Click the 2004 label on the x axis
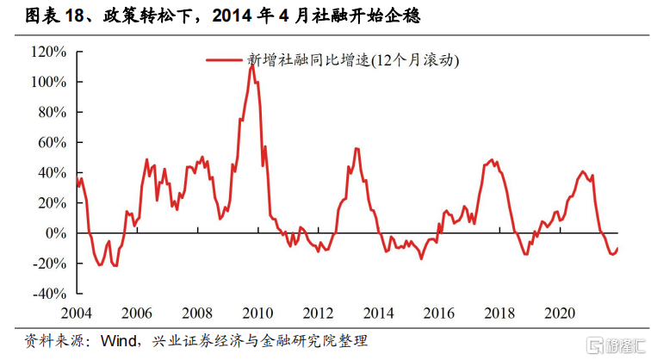click(77, 311)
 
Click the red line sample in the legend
click(225, 60)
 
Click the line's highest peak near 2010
click(251, 65)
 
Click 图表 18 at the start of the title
click(38, 16)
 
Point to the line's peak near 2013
click(356, 149)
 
